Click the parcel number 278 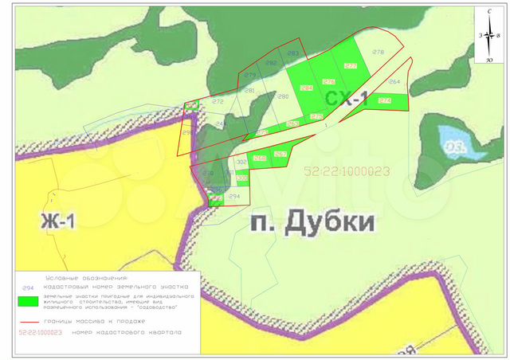[378, 53]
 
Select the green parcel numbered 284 [306, 88]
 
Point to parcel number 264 [394, 82]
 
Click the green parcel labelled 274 [385, 101]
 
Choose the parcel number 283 [292, 53]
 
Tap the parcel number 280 [282, 96]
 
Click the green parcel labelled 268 [259, 158]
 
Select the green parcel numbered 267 [280, 154]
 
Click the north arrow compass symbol [487, 35]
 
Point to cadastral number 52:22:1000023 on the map [347, 170]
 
